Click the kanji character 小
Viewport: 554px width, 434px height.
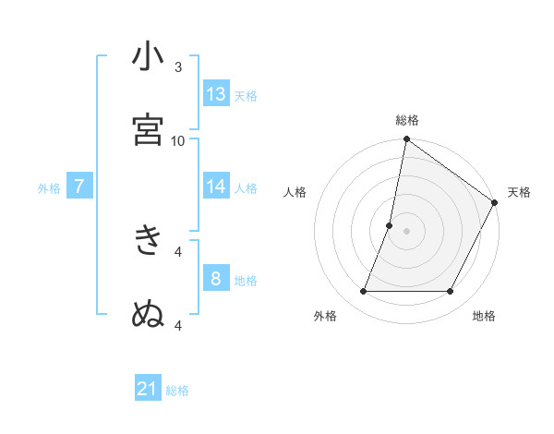pyautogui.click(x=148, y=56)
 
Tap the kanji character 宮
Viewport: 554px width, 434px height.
pyautogui.click(x=148, y=129)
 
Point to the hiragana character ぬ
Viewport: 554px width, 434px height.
pyautogui.click(x=148, y=314)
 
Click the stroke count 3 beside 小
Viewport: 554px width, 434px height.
pyautogui.click(x=178, y=66)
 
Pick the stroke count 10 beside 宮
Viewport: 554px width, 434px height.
pyautogui.click(x=178, y=140)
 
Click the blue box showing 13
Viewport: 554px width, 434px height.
pyautogui.click(x=216, y=94)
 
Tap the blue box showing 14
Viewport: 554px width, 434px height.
pyautogui.click(x=216, y=187)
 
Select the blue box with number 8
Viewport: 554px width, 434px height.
pyautogui.click(x=216, y=278)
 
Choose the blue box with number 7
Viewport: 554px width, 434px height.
pyautogui.click(x=79, y=187)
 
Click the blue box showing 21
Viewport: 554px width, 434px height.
pyautogui.click(x=148, y=389)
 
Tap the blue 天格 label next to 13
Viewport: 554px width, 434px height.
pyautogui.click(x=245, y=96)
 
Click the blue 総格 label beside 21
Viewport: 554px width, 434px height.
pyautogui.click(x=177, y=391)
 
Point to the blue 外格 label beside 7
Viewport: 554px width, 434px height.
pyautogui.click(x=49, y=188)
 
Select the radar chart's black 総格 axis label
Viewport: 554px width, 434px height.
pyautogui.click(x=407, y=120)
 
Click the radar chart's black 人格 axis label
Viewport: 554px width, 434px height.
pyautogui.click(x=295, y=192)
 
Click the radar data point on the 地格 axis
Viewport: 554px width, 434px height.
pyautogui.click(x=451, y=292)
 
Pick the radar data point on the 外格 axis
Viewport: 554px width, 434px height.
pyautogui.click(x=363, y=292)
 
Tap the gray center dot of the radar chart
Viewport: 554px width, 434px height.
pyautogui.click(x=406, y=231)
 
